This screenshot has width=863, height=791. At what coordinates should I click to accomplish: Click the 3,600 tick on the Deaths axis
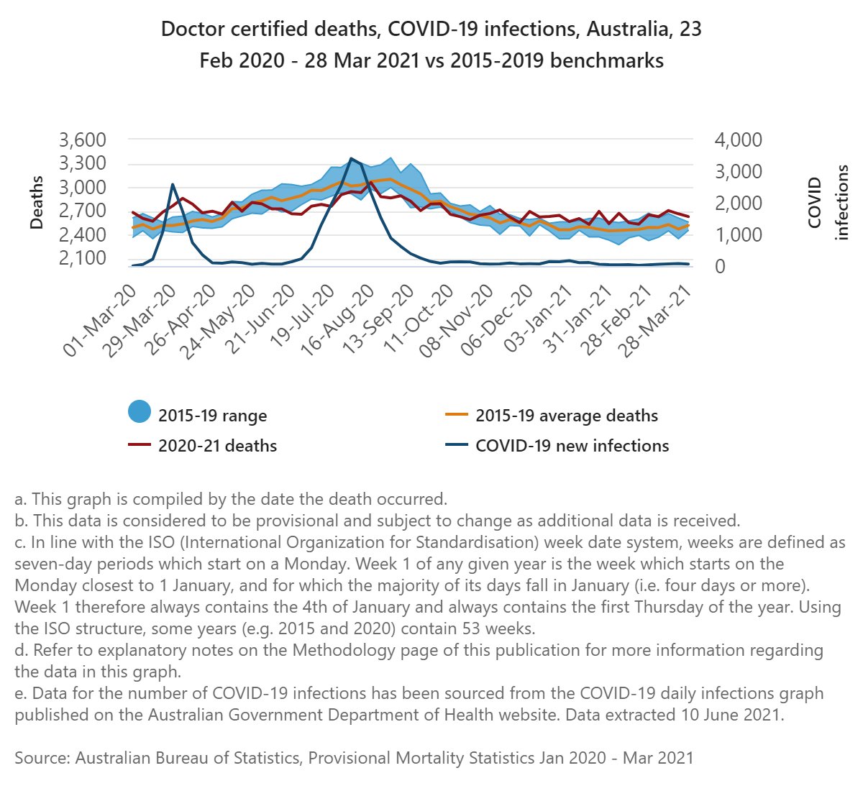pos(81,140)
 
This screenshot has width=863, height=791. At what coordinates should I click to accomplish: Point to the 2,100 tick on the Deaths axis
pos(81,257)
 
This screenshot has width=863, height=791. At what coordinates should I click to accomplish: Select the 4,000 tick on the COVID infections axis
pos(738,140)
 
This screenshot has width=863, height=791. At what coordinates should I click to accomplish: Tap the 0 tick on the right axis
pos(719,266)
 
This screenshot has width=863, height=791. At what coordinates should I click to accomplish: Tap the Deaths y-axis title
pos(37,203)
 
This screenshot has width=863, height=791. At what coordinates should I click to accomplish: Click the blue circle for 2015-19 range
pos(140,412)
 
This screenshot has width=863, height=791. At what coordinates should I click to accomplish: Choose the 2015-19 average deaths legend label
pos(567,416)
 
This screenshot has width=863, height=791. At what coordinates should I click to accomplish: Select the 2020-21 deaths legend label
pos(217,446)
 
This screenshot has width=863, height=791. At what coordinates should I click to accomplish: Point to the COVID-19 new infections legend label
pos(572,446)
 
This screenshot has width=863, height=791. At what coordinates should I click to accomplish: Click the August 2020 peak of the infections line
pos(351,158)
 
